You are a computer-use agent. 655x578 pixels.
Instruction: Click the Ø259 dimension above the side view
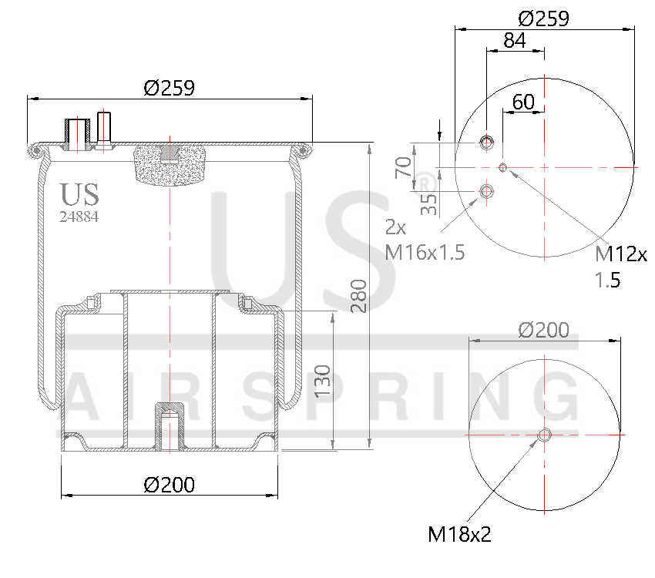coord(169,88)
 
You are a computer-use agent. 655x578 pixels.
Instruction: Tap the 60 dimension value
coord(523,101)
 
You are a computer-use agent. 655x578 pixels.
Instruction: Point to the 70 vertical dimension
coord(403,166)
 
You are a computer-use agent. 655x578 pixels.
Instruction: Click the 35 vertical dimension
coord(429,203)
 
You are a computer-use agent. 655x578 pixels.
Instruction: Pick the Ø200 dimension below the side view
coord(169,485)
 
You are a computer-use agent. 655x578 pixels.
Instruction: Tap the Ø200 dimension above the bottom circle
coord(544,330)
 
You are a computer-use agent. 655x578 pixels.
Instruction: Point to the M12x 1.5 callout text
coord(620,266)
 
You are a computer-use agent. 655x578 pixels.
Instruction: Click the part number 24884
coord(79,217)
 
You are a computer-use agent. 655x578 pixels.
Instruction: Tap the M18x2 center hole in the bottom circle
coord(544,435)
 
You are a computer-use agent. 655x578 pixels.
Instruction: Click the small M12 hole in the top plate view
coord(503,167)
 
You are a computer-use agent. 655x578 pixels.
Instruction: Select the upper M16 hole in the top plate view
coord(486,142)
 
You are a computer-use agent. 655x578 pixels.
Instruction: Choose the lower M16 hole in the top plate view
coord(486,190)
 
